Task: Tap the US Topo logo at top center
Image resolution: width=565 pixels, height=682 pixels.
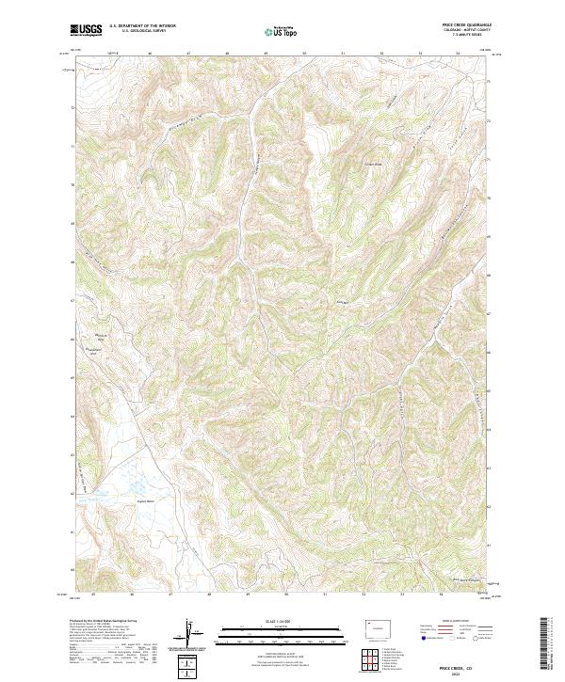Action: pos(283,32)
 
